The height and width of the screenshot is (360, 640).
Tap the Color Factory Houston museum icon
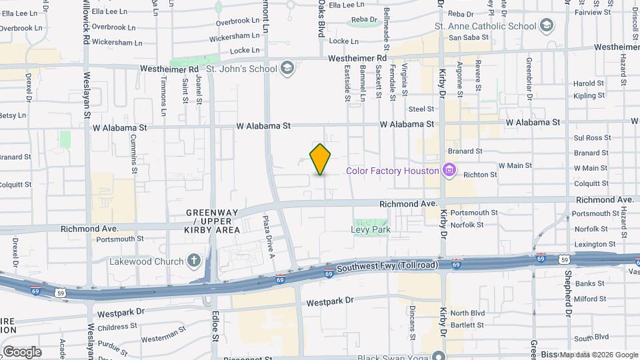[449, 170]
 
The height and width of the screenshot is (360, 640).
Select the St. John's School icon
[287, 68]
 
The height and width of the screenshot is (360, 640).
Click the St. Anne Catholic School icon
[547, 26]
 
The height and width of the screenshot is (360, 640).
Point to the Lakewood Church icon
[193, 261]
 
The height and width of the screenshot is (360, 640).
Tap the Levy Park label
[371, 230]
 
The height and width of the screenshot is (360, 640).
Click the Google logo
[21, 352]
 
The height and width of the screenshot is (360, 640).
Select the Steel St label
[421, 109]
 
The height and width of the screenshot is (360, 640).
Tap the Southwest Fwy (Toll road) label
[387, 266]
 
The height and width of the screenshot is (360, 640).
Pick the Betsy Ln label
[12, 115]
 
